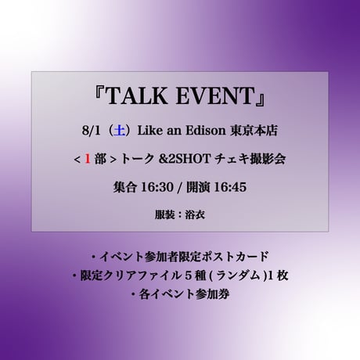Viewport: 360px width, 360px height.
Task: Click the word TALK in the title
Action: pos(137,96)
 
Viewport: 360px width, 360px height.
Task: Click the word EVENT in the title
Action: pos(215,96)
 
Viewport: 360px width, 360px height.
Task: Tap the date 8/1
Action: pos(92,131)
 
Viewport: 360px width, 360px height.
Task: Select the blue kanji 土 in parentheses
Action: pos(120,131)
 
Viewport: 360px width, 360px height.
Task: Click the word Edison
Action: pos(206,131)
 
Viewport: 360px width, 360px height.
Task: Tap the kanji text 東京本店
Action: pos(254,131)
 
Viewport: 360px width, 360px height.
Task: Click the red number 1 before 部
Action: pos(88,159)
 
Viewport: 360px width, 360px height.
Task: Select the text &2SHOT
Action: pos(185,159)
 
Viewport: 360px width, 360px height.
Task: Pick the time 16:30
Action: pos(157,187)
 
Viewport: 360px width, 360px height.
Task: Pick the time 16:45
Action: pos(230,187)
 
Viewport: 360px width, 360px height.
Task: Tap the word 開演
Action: pos(198,187)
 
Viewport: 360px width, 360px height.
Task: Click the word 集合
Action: pos(124,187)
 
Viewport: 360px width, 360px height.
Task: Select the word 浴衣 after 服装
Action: pos(195,215)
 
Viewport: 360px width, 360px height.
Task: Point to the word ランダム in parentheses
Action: pos(238,275)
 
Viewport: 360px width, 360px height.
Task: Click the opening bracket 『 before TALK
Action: pos(100,94)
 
